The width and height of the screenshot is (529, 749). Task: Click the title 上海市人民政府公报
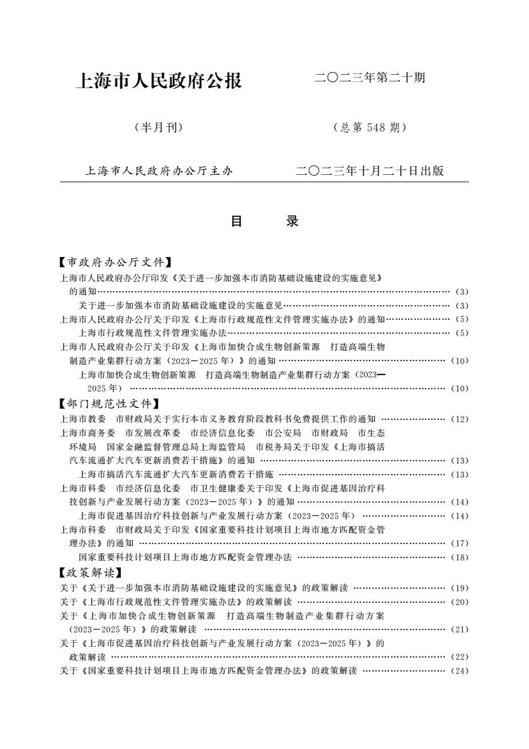(x=160, y=81)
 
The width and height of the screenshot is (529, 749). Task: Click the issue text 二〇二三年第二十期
(x=370, y=78)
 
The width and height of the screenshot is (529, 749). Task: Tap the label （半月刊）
(x=159, y=128)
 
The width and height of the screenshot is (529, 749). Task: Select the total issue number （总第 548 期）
(x=369, y=128)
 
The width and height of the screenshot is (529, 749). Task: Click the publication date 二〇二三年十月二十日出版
(x=370, y=171)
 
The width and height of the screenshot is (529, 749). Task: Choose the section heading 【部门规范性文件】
(x=109, y=404)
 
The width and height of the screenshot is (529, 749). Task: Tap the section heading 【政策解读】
(x=90, y=573)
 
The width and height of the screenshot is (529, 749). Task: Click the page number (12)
(x=460, y=419)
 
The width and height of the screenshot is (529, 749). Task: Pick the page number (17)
(x=460, y=543)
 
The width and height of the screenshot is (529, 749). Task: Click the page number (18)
(x=460, y=557)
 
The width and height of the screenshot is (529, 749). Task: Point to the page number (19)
(x=460, y=588)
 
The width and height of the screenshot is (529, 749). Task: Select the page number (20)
(x=460, y=601)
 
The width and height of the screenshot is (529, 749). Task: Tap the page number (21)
(x=460, y=629)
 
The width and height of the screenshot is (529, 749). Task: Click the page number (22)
(x=460, y=657)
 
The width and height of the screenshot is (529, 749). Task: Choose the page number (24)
(x=460, y=670)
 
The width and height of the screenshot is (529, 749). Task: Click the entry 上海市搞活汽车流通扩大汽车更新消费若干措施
(x=175, y=474)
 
